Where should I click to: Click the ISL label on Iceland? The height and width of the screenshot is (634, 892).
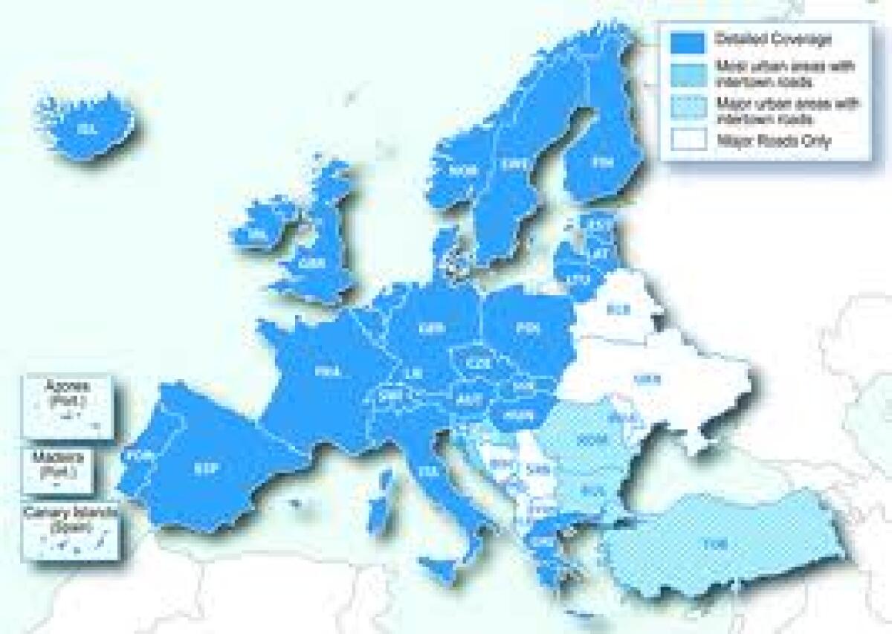[x=88, y=129]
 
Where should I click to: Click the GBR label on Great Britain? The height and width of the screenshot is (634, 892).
[x=311, y=262]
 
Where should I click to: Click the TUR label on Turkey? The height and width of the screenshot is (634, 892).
[x=716, y=543]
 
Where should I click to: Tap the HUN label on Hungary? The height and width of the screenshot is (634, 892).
[x=514, y=415]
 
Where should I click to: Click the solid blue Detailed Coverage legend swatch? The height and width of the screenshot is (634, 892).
[x=686, y=42]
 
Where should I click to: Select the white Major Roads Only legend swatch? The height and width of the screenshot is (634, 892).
[x=686, y=140]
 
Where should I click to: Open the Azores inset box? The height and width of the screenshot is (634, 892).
[x=67, y=406]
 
